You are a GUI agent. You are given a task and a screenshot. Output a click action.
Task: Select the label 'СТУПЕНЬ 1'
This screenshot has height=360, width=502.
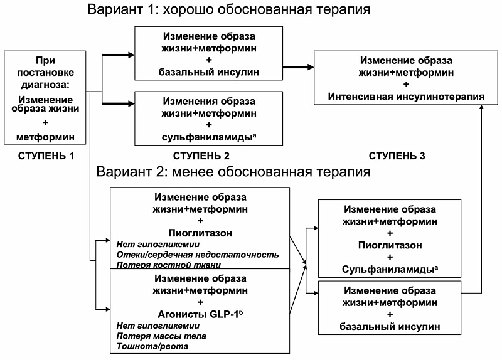pos(47,156)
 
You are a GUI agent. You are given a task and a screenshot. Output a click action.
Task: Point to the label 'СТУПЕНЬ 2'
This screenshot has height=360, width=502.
pos(201,156)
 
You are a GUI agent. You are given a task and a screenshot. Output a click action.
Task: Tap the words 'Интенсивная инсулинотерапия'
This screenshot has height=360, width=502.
pos(407,96)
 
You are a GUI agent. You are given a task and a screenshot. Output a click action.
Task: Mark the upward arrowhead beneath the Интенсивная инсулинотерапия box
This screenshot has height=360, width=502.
pos(481,108)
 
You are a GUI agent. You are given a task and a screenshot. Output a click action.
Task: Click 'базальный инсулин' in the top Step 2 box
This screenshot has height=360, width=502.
pos(209,72)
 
